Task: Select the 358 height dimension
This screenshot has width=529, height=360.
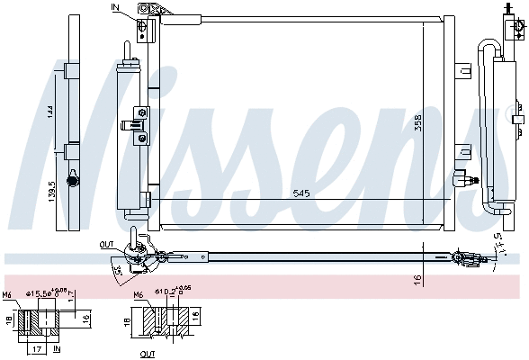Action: pyautogui.click(x=442, y=125)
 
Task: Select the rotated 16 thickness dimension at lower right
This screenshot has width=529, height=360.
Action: pyautogui.click(x=417, y=280)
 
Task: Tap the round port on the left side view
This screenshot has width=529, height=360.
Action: pyautogui.click(x=73, y=179)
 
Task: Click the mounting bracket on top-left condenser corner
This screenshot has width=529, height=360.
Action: pyautogui.click(x=152, y=11)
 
